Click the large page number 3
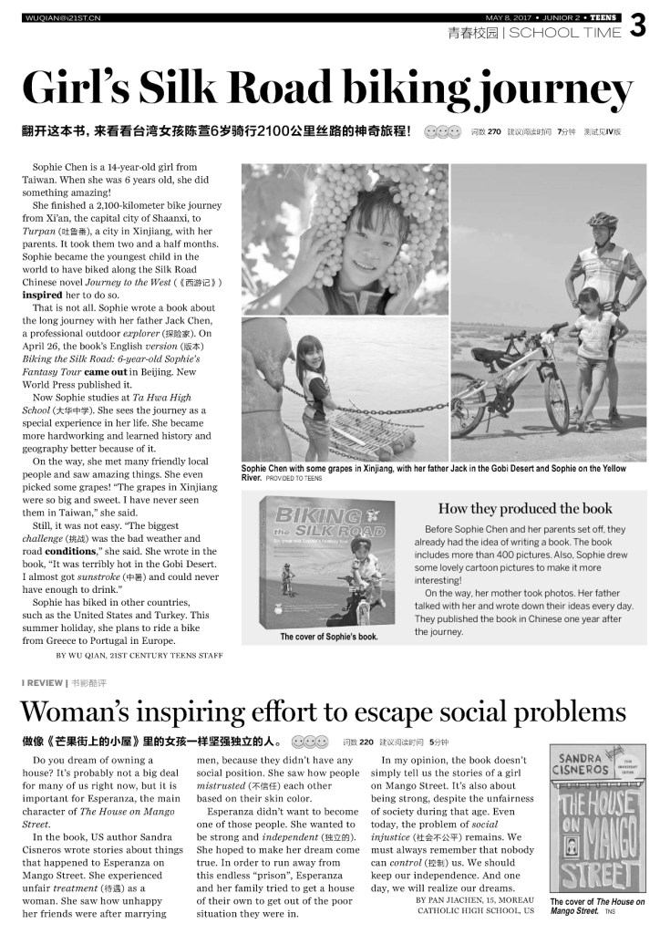[x=638, y=28]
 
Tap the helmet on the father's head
[x=603, y=220]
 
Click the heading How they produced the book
[x=525, y=508]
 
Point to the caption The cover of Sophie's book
[x=329, y=637]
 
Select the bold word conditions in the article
[x=71, y=551]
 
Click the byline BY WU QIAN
[x=139, y=654]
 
